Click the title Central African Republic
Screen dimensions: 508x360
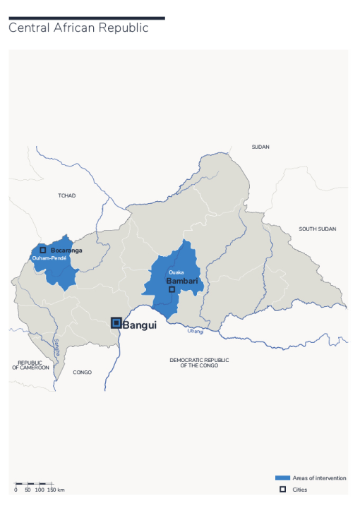point(78,28)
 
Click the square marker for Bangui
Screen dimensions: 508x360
point(116,323)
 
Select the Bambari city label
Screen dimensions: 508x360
point(181,281)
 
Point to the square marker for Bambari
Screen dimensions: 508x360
point(172,289)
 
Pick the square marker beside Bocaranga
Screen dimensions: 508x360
point(43,250)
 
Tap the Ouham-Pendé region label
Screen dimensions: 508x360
point(49,258)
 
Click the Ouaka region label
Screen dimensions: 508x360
point(176,272)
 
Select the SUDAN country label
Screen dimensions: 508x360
point(261,147)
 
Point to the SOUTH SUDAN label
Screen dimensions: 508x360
point(317,229)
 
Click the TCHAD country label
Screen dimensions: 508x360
point(67,195)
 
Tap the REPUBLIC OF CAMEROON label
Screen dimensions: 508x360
point(30,365)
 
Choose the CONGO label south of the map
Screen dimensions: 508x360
point(83,372)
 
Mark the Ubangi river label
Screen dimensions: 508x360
point(196,330)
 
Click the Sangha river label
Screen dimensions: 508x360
point(57,346)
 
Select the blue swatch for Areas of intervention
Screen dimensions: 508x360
point(282,478)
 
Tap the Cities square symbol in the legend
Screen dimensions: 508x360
point(282,489)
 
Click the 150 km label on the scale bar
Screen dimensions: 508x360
point(56,489)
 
